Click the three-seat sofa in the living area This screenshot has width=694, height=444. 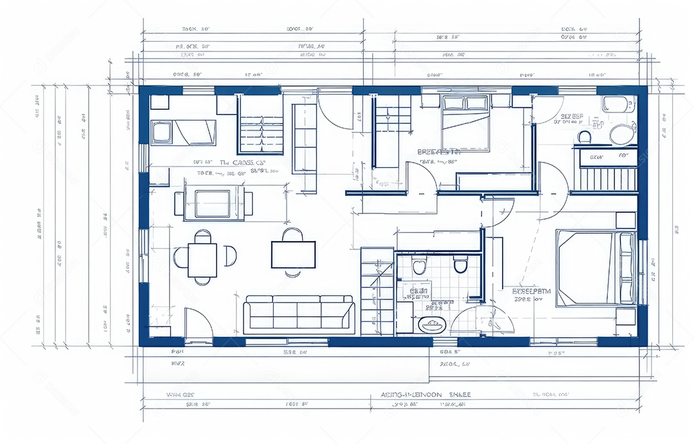[x=299, y=314]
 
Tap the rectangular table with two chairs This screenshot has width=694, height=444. [x=293, y=254]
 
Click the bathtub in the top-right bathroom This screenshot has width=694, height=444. [x=618, y=103]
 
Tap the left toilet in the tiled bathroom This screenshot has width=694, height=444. [x=419, y=267]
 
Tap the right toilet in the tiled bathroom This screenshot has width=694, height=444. [x=460, y=265]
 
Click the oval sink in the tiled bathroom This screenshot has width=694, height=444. [x=431, y=324]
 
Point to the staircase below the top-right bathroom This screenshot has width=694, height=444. [x=607, y=179]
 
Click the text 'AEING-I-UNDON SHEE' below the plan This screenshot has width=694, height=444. [x=425, y=394]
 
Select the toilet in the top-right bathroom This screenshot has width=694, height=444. [x=584, y=137]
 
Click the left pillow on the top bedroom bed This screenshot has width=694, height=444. [x=453, y=103]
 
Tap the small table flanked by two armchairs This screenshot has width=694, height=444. [x=213, y=203]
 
